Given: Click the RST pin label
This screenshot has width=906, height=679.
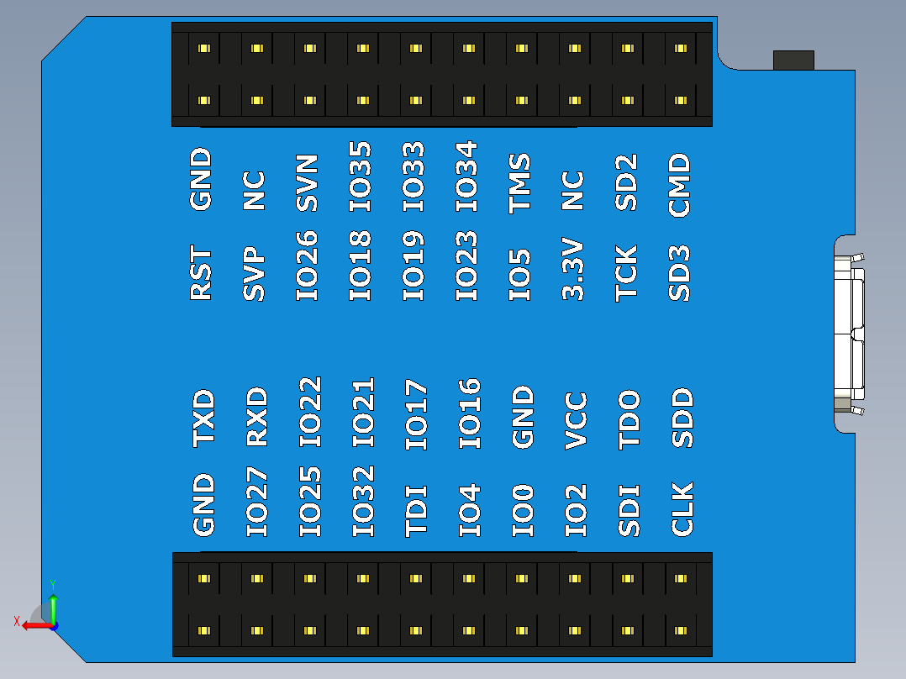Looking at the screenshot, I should point(202,273).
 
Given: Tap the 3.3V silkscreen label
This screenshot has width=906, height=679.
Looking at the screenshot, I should point(573,270).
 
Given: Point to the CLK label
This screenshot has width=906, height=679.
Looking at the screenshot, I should point(682,509).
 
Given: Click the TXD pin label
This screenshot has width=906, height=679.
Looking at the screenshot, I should point(203,418).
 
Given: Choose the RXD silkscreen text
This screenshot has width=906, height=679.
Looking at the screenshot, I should point(256,417).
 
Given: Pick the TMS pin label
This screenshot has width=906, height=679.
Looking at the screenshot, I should point(520,182).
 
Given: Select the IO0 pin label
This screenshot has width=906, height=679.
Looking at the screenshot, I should point(523,510).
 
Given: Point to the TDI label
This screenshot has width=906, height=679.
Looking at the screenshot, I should point(417,510).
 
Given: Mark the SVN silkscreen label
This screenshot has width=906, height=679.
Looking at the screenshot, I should point(308,182).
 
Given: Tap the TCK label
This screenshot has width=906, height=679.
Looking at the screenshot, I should point(626,273).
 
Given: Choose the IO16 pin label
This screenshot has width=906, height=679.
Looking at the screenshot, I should point(470,413).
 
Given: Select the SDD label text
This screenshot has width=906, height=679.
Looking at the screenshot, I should point(682,418).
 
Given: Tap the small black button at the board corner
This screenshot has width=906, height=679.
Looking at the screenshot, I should point(793,61).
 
